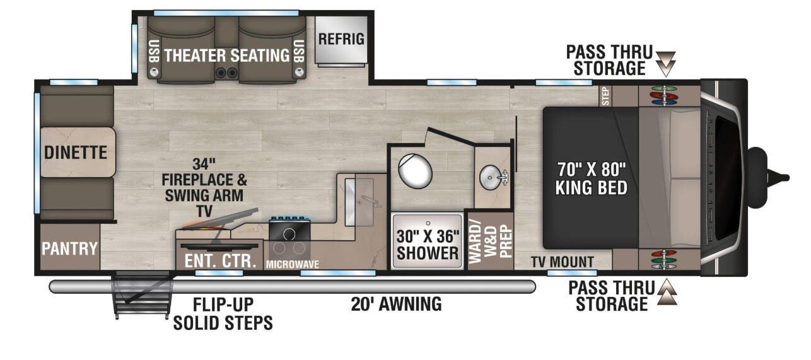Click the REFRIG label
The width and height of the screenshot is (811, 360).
pyautogui.click(x=341, y=38)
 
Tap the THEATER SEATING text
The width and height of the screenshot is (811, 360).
pyautogui.click(x=226, y=55)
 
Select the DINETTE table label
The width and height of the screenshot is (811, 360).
pyautogui.click(x=75, y=152)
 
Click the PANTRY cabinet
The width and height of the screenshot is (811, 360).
pyautogui.click(x=69, y=248)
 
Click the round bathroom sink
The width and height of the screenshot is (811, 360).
pyautogui.click(x=491, y=177)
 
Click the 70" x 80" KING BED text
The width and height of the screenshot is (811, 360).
pyautogui.click(x=591, y=178)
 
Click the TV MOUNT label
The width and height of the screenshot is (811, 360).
pyautogui.click(x=562, y=262)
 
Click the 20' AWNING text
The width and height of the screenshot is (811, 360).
pyautogui.click(x=396, y=304)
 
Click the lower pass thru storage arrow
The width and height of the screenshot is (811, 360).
pyautogui.click(x=667, y=293)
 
